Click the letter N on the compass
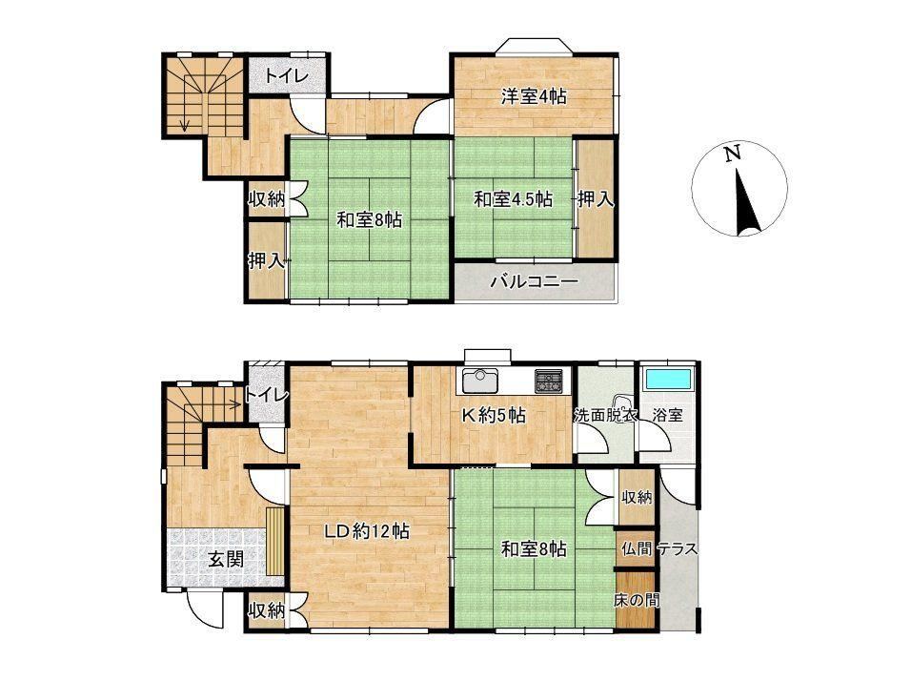733,154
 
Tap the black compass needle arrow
746,202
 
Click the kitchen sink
479,381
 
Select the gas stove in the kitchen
549,381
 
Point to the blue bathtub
668,379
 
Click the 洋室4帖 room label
535,96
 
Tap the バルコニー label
535,282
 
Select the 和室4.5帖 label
513,199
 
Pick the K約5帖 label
494,415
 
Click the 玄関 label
226,560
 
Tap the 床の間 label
637,600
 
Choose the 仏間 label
637,548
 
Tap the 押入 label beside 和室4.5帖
596,199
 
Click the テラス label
678,548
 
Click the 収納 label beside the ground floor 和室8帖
637,497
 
